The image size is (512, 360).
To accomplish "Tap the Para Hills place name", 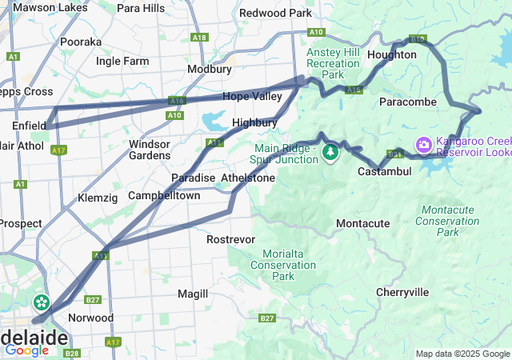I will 141,8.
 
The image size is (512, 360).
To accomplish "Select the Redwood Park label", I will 275,14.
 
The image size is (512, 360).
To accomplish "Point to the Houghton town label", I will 392,54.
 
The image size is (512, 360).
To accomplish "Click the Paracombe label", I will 408,102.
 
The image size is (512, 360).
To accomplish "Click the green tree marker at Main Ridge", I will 330,152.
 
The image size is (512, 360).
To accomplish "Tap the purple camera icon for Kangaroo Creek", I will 422,145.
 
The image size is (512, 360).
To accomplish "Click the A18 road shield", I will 200,37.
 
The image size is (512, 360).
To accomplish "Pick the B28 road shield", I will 72,353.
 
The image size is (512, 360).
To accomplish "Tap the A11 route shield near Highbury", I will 214,143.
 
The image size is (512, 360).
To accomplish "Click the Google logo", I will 26,350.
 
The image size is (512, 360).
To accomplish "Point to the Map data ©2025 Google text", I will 462,354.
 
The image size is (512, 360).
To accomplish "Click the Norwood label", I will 91,318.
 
